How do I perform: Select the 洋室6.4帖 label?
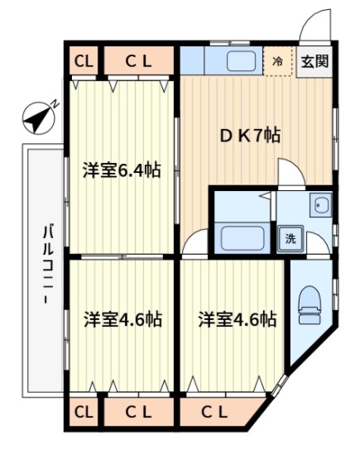pyautogui.click(x=121, y=171)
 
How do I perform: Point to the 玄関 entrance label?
pyautogui.click(x=314, y=60)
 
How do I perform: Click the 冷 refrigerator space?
pyautogui.click(x=278, y=61)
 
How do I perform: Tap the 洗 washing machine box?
pyautogui.click(x=290, y=238)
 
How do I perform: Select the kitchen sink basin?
pyautogui.click(x=241, y=60)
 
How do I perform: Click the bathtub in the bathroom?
pyautogui.click(x=242, y=238)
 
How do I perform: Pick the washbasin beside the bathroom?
pyautogui.click(x=320, y=207)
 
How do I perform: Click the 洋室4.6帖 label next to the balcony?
pyautogui.click(x=122, y=319)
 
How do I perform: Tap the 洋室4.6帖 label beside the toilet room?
pyautogui.click(x=236, y=319)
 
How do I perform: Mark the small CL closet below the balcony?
pyautogui.click(x=83, y=411)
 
